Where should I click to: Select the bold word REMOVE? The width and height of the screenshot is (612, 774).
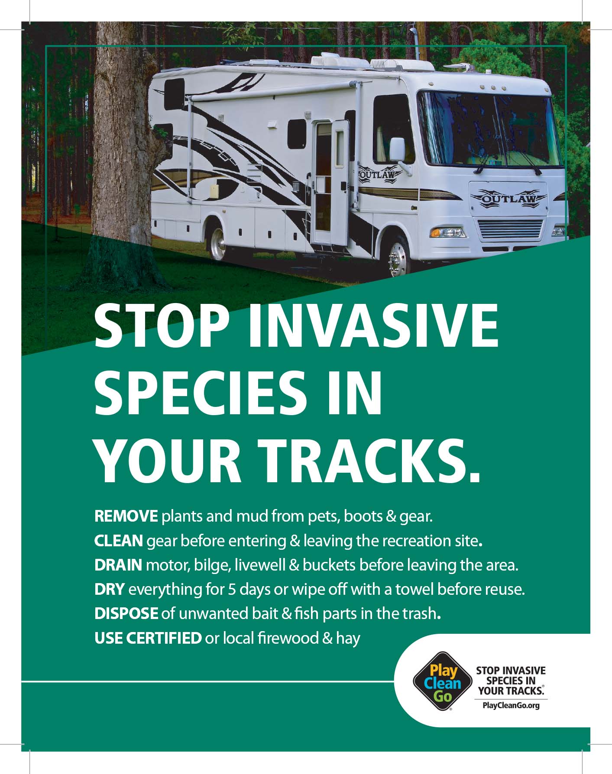[126, 516]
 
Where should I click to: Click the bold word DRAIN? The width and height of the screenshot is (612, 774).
[118, 564]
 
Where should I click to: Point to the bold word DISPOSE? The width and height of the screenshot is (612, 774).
[126, 613]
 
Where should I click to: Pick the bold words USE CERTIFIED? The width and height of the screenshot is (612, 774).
[148, 638]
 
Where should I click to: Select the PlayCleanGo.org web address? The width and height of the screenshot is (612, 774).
[511, 706]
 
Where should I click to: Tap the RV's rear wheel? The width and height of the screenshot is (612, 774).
[218, 243]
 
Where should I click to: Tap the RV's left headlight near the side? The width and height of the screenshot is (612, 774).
[448, 232]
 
